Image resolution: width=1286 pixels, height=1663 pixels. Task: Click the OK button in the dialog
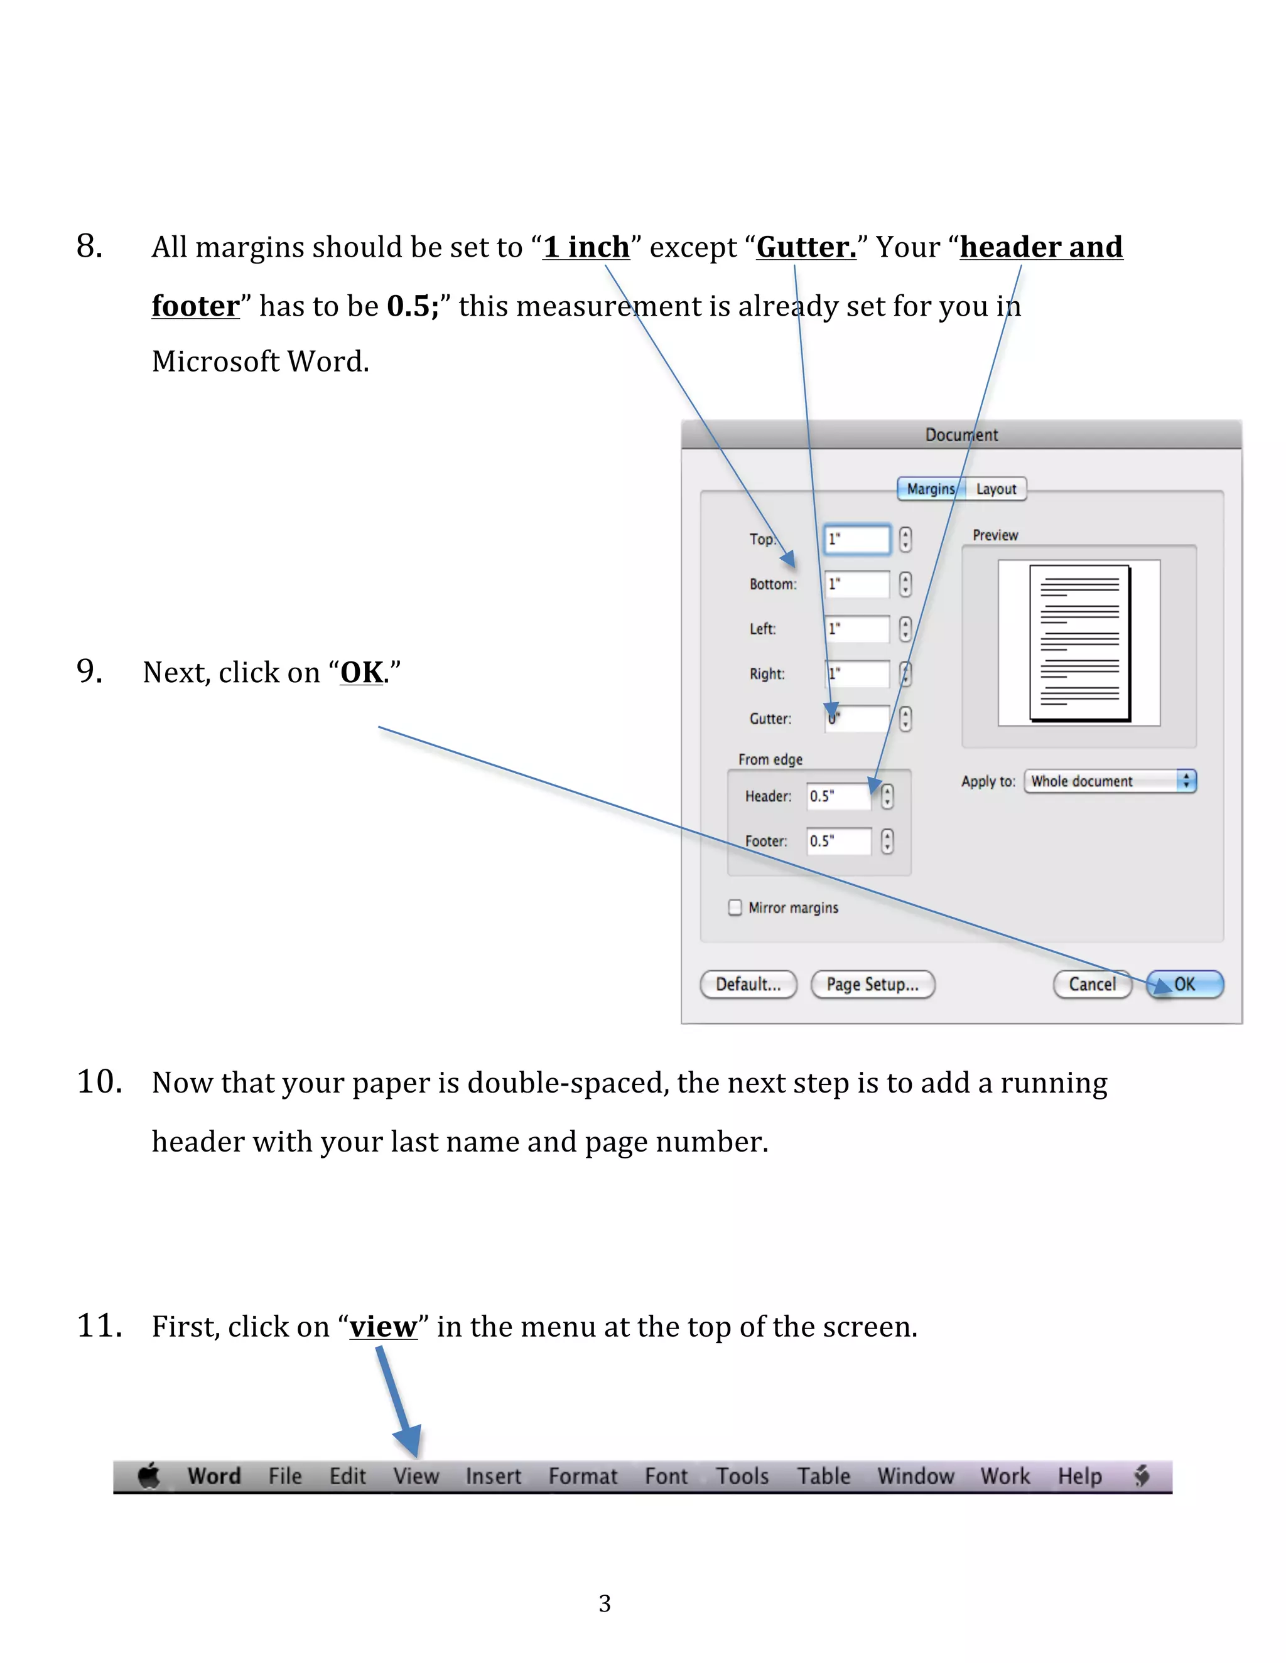pos(1185,984)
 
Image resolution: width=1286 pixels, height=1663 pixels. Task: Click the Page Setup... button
pos(872,984)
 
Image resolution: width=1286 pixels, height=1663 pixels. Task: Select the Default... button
pos(748,984)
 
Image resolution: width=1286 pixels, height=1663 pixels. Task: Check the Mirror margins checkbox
pos(735,907)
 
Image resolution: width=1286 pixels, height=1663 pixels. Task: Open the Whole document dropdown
pos(1110,781)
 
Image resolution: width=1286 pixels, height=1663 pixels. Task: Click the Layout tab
pos(996,489)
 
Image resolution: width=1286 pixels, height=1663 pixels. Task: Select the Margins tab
pos(930,489)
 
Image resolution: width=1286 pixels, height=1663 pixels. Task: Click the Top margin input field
pos(857,539)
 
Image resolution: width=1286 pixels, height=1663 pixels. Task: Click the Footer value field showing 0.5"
pos(838,841)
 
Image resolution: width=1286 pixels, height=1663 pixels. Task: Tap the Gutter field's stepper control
pos(905,719)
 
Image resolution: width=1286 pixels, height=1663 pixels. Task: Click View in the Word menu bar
pos(416,1476)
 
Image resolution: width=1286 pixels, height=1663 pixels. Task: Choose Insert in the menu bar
pos(493,1476)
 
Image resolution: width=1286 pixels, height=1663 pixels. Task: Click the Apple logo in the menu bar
pos(149,1476)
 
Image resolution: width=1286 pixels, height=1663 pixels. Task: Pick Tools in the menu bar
pos(742,1476)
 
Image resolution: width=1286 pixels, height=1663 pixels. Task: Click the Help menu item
pos(1079,1476)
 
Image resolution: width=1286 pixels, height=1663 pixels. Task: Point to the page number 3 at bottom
pos(604,1603)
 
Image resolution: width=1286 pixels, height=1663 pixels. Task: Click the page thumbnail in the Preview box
pos(1079,643)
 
